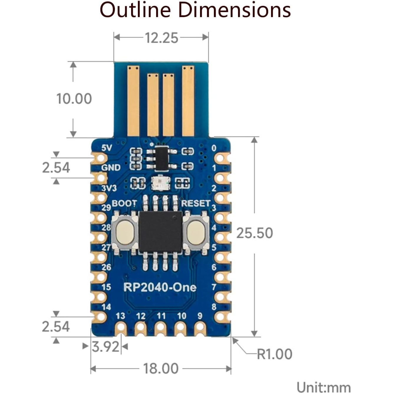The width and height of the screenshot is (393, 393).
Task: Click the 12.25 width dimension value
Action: tap(161, 38)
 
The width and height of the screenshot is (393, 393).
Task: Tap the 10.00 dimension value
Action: tap(74, 99)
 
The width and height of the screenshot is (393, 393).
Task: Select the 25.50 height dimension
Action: tap(255, 233)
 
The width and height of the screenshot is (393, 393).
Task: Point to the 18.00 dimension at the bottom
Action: tap(161, 369)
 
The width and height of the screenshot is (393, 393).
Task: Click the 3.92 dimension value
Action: tap(105, 346)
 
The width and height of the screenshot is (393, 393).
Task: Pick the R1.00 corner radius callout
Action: tap(274, 354)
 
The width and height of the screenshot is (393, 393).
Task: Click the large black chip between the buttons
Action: tap(161, 232)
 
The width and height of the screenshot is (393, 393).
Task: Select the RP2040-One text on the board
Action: tap(160, 287)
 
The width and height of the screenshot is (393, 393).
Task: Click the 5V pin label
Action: tap(107, 148)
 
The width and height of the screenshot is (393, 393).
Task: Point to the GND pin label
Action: tap(111, 168)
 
